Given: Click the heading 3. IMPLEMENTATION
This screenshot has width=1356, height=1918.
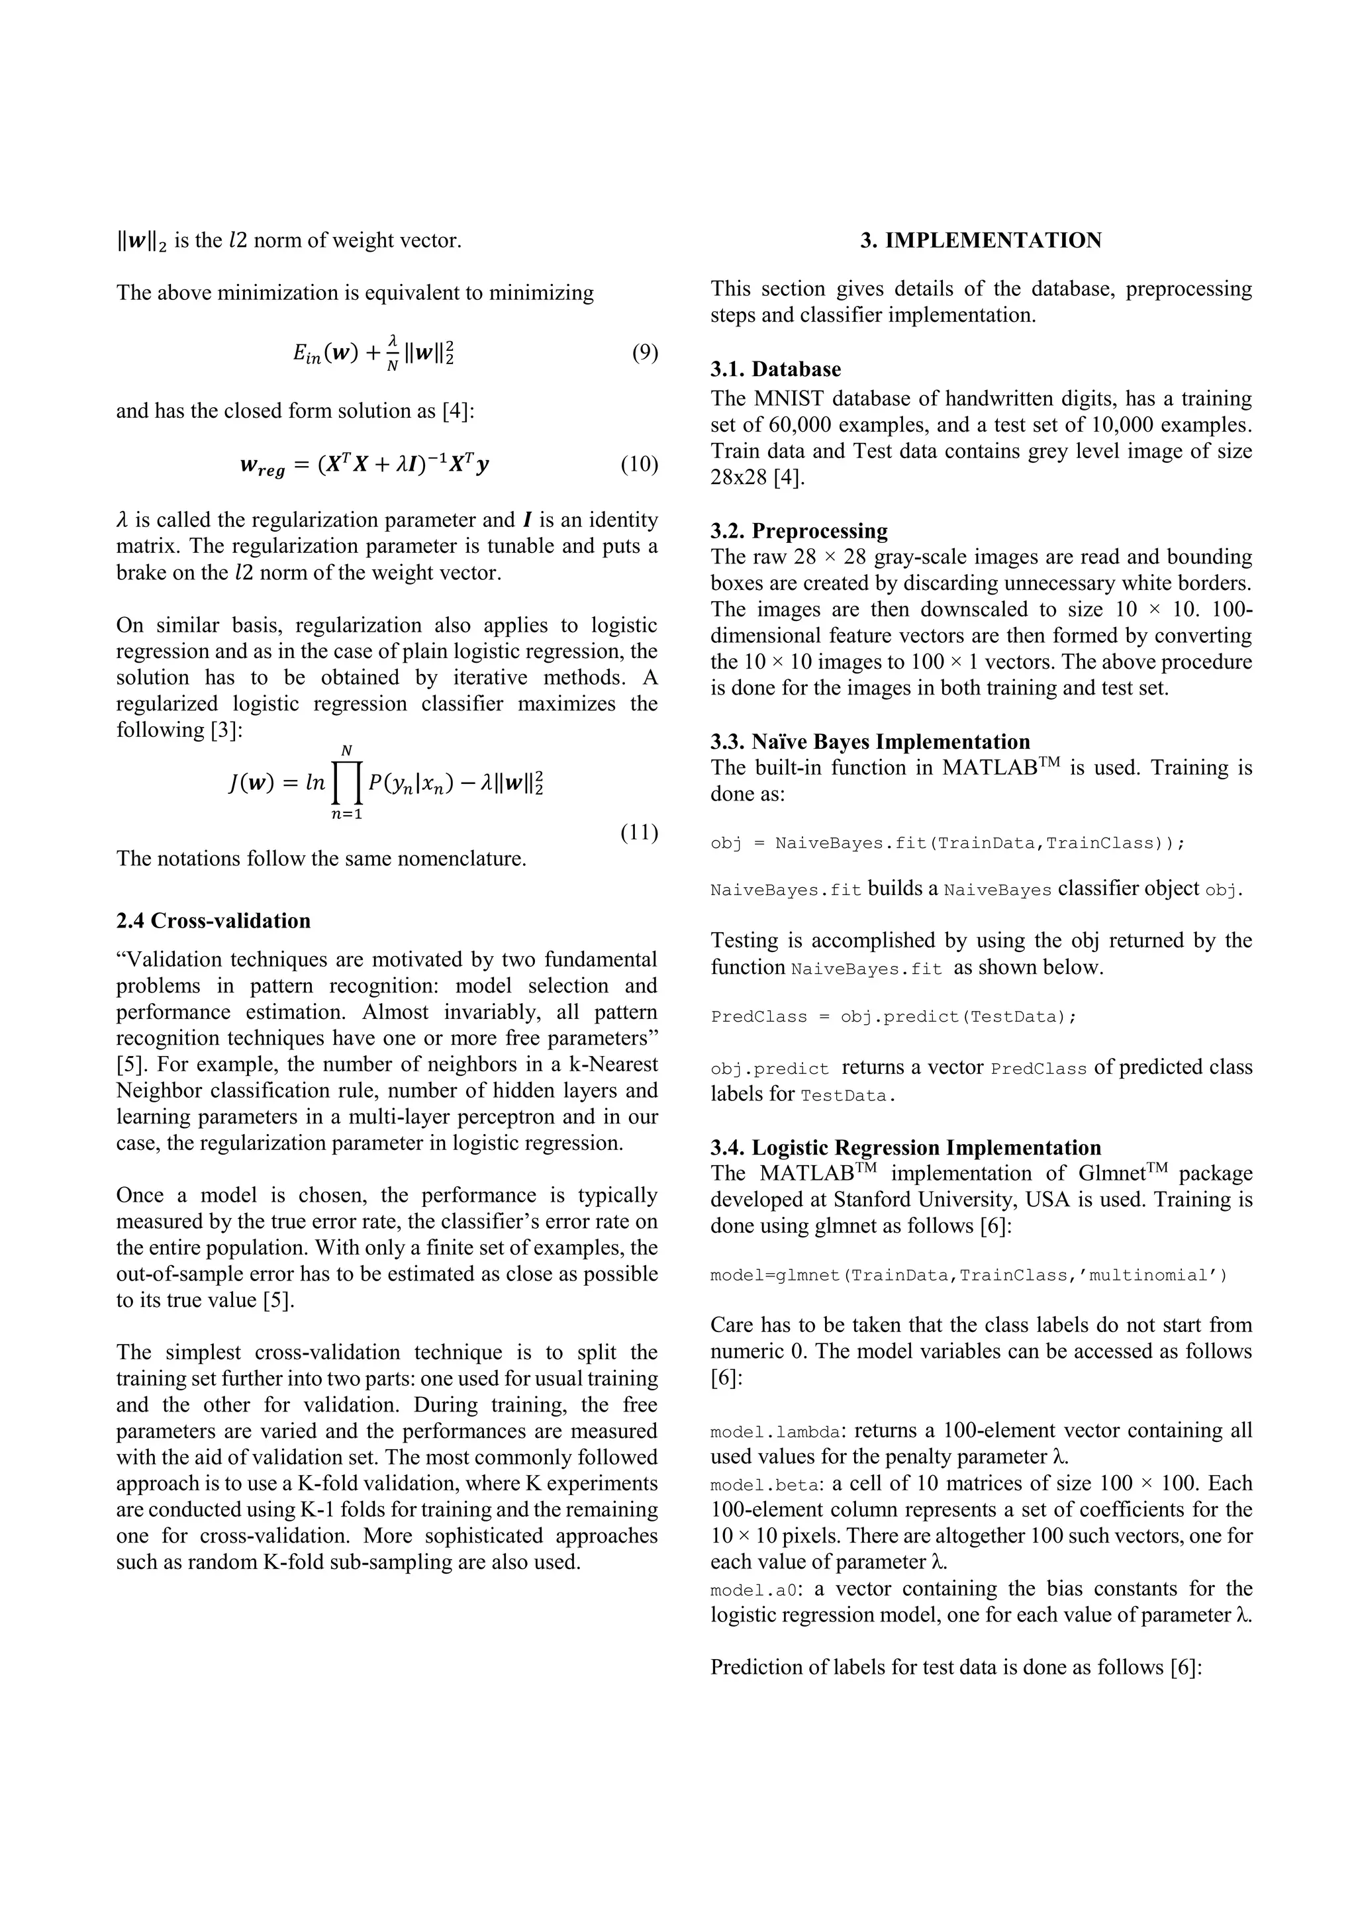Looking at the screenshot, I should (x=981, y=240).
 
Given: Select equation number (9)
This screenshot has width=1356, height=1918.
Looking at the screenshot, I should (x=644, y=352).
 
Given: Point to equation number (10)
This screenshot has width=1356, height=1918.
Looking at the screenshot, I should (x=638, y=465).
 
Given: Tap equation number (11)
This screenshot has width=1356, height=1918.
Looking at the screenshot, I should (x=638, y=832).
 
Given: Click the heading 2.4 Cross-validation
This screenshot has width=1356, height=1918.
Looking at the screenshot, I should (x=213, y=920).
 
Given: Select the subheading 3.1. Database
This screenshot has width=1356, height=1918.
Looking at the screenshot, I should (x=775, y=369).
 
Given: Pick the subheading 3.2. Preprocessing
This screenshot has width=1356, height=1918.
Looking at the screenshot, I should (x=799, y=530).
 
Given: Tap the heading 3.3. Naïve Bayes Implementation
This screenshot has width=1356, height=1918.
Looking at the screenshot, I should (x=870, y=741).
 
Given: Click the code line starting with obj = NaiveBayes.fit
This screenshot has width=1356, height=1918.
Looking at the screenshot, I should (x=947, y=843).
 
